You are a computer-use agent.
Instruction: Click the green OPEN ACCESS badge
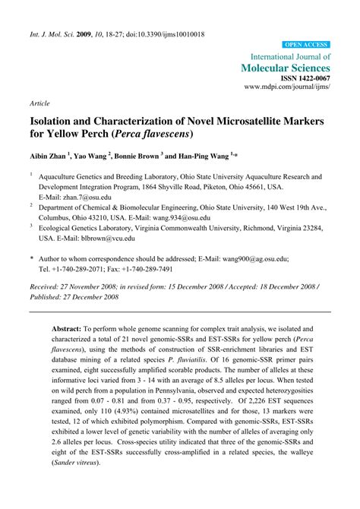(305, 45)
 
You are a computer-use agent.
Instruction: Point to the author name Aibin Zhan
(48, 154)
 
